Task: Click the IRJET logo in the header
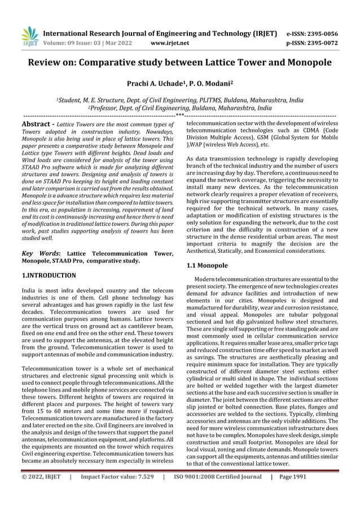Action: (x=30, y=37)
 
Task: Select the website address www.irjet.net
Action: (x=170, y=43)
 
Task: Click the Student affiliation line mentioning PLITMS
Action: (x=179, y=100)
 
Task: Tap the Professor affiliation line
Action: (x=179, y=107)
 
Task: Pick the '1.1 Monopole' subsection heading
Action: (x=207, y=265)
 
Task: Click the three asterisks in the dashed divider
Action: (x=179, y=115)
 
